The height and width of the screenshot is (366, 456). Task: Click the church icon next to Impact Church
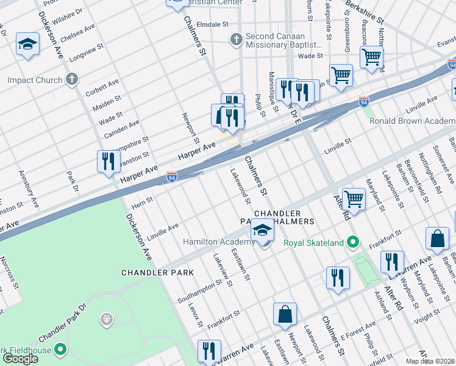72,79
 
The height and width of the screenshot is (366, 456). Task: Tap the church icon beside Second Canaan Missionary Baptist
237,40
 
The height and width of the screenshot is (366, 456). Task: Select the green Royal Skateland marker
352,243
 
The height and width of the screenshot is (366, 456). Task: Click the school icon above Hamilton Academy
262,231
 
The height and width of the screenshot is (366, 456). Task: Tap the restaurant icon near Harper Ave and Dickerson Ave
109,162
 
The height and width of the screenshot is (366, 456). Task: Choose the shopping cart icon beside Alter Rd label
354,198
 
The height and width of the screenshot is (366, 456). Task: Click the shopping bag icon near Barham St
438,239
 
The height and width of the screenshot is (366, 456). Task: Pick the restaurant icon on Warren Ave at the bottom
208,351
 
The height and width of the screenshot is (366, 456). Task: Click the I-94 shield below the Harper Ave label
172,178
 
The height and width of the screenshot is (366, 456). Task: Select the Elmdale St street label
213,25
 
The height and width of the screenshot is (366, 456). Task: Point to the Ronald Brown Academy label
412,121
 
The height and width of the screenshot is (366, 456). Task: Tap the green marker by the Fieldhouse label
60,350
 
